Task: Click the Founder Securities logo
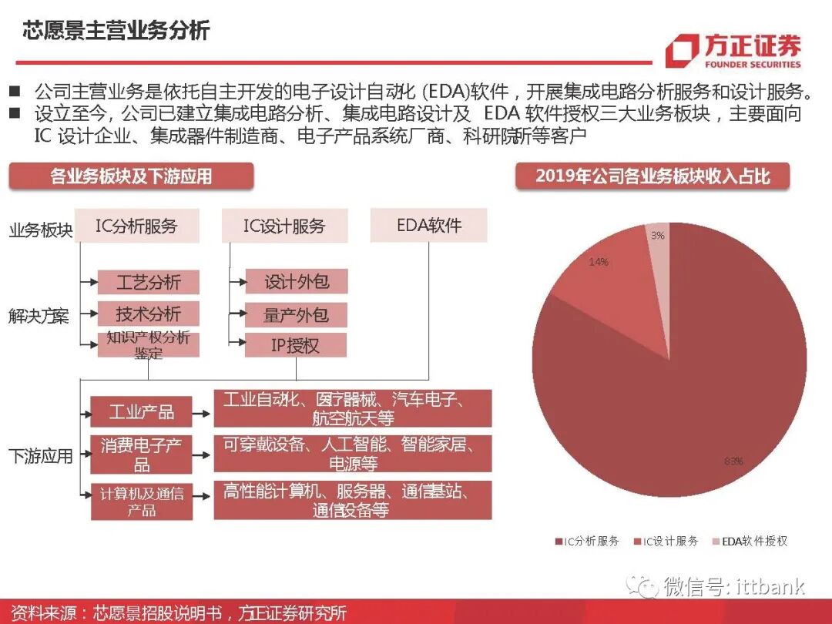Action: click(733, 52)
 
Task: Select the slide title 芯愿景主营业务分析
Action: click(116, 32)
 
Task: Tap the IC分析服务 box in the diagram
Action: click(136, 226)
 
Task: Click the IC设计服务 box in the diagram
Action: click(284, 226)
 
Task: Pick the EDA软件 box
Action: click(428, 226)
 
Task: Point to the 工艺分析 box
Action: click(148, 282)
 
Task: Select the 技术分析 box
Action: click(148, 314)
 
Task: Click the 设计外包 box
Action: click(296, 282)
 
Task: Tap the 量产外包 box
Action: click(296, 314)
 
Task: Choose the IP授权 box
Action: click(296, 345)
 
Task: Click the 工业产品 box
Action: click(141, 411)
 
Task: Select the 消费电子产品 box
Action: click(141, 455)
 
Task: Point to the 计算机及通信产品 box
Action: click(141, 501)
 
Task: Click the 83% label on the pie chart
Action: click(733, 461)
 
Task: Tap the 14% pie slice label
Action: click(599, 262)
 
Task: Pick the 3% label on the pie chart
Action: click(657, 236)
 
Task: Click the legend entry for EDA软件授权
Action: click(749, 542)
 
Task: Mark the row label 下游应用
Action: click(40, 456)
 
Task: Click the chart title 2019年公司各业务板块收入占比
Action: click(653, 176)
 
